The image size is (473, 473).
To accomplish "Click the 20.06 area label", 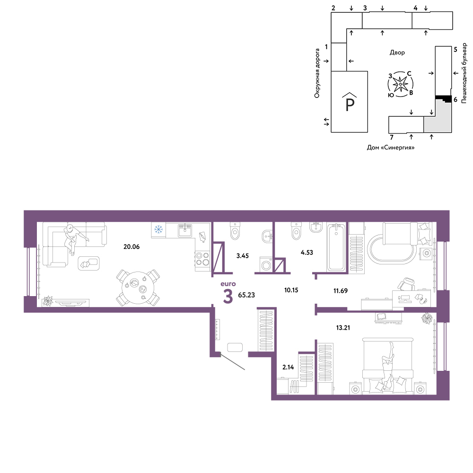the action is tap(131, 247).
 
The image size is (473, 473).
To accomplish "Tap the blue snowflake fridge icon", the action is tap(158, 229).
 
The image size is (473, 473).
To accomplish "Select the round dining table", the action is tap(138, 288).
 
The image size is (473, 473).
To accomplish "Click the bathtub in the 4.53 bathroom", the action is tap(336, 247).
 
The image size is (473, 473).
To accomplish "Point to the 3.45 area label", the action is tap(243, 256).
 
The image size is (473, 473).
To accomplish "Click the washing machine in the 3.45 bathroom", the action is tap(266, 264).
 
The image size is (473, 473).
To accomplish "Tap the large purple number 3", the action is tap(228, 296).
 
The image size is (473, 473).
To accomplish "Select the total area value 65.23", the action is tap(246, 295).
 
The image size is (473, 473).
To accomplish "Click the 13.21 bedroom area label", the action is tap(343, 328).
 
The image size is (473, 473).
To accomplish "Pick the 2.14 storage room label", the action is tap(288, 367).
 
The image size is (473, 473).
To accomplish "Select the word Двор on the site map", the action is tap(397, 53).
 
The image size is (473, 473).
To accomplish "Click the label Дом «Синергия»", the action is tap(391, 148).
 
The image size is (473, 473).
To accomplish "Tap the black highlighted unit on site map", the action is tap(444, 98).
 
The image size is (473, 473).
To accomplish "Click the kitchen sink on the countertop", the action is tap(184, 230).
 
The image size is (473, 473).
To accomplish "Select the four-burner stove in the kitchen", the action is tap(202, 259).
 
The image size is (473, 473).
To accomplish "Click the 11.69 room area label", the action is tap(340, 291).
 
